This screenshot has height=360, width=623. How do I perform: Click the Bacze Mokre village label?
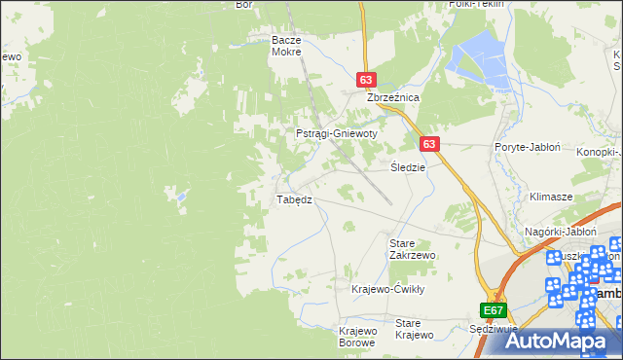tap(287, 47)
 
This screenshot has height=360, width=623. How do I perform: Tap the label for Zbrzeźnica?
tap(392, 98)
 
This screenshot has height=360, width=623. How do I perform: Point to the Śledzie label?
tap(409, 167)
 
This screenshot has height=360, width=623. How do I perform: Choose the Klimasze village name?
tap(550, 196)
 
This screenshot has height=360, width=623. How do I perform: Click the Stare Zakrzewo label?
tap(412, 248)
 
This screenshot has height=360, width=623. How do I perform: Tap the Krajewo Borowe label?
tap(357, 337)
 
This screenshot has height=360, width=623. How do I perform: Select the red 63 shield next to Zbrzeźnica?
tap(366, 81)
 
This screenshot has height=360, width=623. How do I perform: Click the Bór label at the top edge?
tap(244, 5)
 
